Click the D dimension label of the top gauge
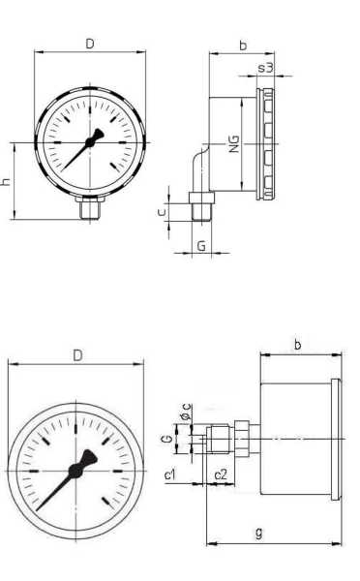(x=90, y=44)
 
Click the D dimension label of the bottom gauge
(x=77, y=355)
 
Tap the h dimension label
(x=6, y=181)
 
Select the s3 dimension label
(x=265, y=68)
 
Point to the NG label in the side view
(x=234, y=144)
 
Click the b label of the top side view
(x=243, y=46)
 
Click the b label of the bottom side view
(x=298, y=345)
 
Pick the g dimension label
(x=259, y=533)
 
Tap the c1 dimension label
(x=169, y=474)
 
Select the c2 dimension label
(x=221, y=474)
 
